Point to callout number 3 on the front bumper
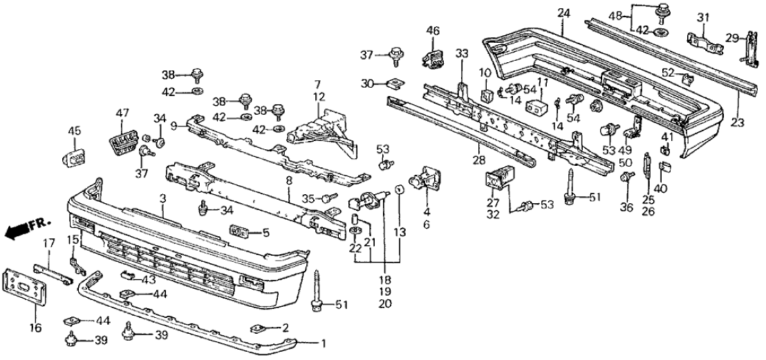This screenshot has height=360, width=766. click(162, 198)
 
